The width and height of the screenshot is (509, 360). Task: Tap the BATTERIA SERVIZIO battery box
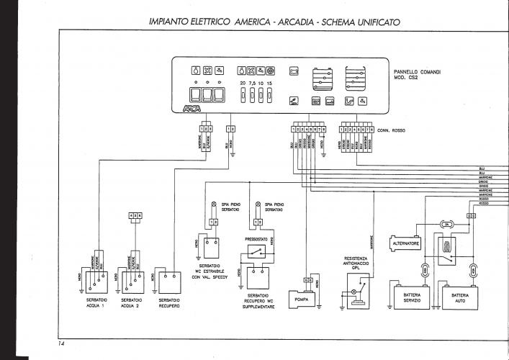[411, 297]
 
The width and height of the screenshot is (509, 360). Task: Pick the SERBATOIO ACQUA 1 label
[92, 302]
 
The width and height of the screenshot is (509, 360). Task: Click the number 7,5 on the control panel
[251, 84]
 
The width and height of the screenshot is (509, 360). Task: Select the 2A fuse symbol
[446, 225]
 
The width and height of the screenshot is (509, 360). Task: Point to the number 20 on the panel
[242, 84]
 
